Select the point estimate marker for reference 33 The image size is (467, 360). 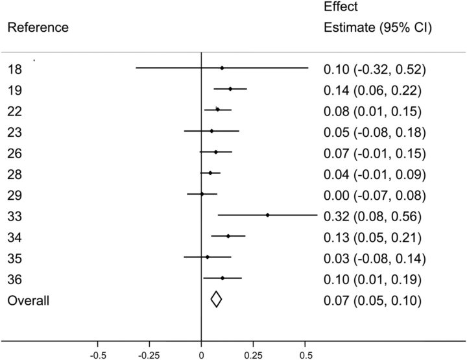point(267,215)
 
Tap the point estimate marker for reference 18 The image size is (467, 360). point(222,67)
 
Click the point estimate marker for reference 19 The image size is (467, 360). point(230,89)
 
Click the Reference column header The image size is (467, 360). point(38,28)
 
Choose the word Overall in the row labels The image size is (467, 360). point(29,300)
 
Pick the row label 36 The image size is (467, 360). point(14,279)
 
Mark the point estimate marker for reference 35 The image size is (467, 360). point(208,257)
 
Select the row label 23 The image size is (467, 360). point(14,132)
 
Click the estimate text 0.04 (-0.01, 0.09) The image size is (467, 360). point(374,174)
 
